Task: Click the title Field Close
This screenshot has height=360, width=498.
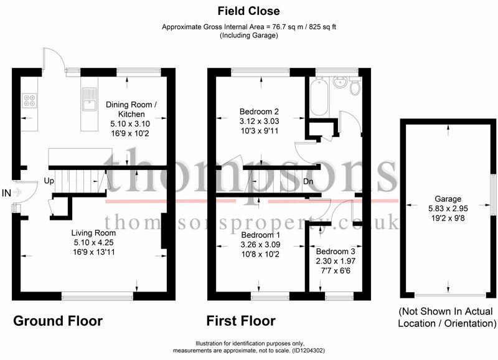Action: point(248,11)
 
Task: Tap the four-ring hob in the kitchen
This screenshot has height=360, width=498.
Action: point(29,100)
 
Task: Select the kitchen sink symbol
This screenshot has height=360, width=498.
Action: point(89,99)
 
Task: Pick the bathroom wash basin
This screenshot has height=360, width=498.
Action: point(339,82)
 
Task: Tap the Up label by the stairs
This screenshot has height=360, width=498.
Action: point(49,181)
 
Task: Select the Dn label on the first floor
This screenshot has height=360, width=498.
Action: point(308,182)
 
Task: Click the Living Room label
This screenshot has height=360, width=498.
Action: point(93,233)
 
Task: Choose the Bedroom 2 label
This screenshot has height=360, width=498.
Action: point(259,111)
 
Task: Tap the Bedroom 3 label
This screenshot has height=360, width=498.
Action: point(336,252)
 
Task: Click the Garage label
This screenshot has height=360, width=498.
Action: point(448,199)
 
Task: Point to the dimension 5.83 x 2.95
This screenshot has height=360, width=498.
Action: point(448,209)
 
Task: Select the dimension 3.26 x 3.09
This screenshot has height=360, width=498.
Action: point(260,245)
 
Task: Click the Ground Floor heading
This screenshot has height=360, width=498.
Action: point(58,321)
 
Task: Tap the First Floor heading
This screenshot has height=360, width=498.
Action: point(241,321)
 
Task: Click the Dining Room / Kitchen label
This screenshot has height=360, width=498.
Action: point(131,109)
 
